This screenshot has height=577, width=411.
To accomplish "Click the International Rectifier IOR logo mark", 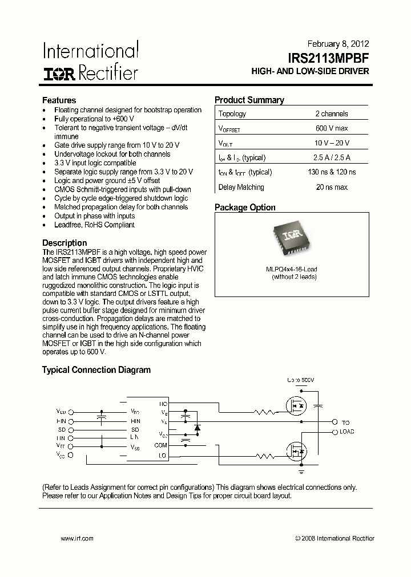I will coord(59,73).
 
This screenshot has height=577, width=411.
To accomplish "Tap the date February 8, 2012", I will coord(338,43).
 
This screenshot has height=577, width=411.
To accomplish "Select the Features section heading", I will coord(59,100).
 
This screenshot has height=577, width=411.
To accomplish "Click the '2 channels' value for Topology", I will coord(331,113).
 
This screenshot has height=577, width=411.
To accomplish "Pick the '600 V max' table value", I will coord(331,128).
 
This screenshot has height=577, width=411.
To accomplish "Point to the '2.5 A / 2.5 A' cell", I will coord(331,158).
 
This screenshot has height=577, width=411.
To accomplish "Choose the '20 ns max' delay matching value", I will coord(331,187).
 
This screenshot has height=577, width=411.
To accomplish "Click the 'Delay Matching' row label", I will coord(241,187).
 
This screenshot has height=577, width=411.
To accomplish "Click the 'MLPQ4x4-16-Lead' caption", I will coord(291,269).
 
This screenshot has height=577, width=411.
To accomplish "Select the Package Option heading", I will coord(245,208).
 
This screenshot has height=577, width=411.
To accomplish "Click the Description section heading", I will coord(65,243).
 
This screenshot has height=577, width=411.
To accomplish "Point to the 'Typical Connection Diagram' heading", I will coord(96,369).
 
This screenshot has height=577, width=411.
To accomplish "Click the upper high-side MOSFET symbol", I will coord(296,405).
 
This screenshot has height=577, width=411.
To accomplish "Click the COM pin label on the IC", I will coord(160,445).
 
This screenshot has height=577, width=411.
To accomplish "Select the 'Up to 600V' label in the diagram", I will coord(301,380).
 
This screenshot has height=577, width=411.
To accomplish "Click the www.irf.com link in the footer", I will coord(76,538).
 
